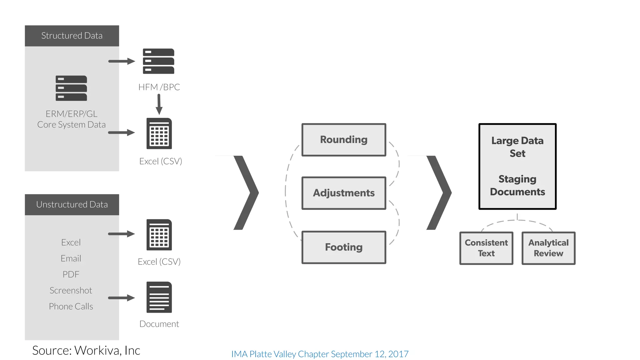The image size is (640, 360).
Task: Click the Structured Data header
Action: [72, 36]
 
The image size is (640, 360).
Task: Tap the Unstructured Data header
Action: [72, 204]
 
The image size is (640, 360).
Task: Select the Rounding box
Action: [344, 140]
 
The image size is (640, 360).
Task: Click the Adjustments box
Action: [344, 193]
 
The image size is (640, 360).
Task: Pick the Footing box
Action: [344, 247]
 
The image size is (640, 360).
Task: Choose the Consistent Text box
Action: [486, 248]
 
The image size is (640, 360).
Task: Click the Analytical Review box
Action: [548, 248]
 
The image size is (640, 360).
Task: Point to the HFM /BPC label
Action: [159, 87]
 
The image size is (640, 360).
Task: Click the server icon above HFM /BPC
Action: [158, 61]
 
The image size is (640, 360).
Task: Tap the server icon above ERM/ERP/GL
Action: [71, 88]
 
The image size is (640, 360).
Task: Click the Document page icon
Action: [159, 297]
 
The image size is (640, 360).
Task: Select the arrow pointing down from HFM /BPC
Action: [159, 104]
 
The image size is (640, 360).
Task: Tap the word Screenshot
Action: [71, 290]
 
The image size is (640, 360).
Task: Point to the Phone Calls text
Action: [71, 306]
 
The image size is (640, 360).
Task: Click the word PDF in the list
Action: [71, 274]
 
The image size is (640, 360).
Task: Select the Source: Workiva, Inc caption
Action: [86, 350]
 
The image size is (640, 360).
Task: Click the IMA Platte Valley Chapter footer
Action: [320, 354]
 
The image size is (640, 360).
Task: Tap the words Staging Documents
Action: [517, 185]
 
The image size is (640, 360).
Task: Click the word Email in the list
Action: [71, 258]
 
